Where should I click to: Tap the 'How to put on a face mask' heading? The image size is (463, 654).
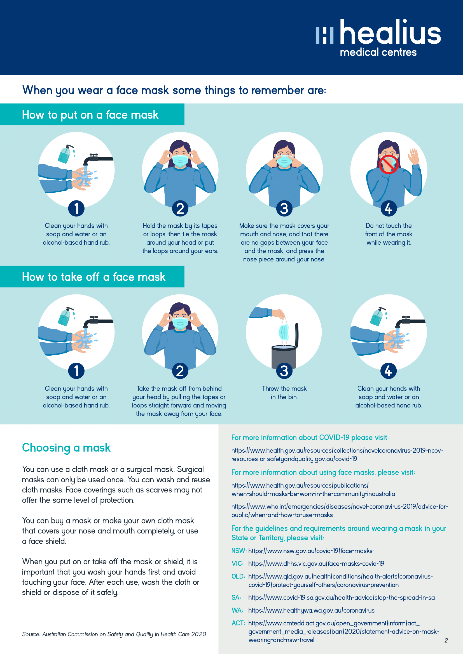[x=90, y=115]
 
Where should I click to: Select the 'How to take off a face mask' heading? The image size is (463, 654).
[x=93, y=277]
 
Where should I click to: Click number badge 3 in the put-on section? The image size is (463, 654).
[x=284, y=208]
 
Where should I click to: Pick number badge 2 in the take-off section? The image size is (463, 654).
[x=180, y=371]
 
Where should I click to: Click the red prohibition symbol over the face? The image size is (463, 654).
[x=389, y=164]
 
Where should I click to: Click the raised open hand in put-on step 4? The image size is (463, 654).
[x=413, y=156]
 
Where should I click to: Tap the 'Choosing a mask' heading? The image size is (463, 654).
[x=66, y=447]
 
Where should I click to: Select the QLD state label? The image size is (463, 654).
[x=238, y=576]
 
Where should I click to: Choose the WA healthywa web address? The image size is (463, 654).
[x=311, y=610]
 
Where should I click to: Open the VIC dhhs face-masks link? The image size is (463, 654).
[x=316, y=563]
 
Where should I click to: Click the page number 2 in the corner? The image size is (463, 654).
[x=446, y=641]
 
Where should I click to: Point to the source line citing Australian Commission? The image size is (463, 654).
[x=114, y=634]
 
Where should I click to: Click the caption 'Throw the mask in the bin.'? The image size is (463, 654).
[x=284, y=393]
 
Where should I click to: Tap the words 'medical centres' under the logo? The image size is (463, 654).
[x=378, y=52]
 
